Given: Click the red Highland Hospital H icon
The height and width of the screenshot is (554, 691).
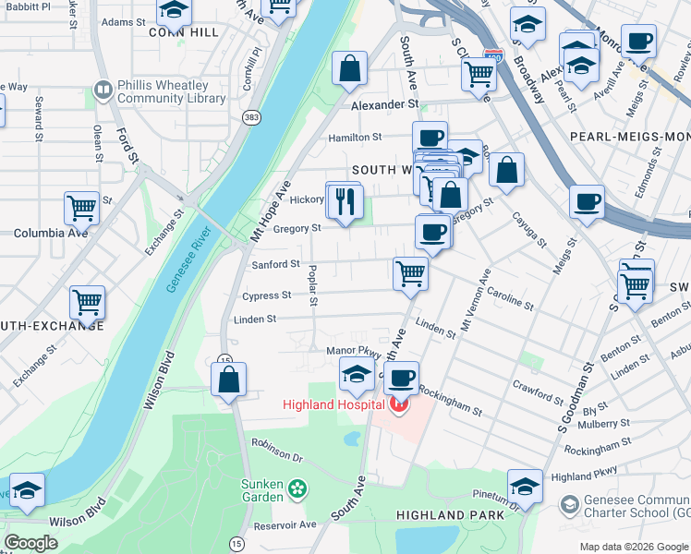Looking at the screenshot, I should click(399, 404).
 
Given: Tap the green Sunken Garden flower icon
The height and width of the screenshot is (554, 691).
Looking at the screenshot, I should click(297, 488).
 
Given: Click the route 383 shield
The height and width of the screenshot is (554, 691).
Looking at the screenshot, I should click(250, 117).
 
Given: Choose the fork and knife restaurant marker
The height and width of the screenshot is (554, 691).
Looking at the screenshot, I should click(345, 201).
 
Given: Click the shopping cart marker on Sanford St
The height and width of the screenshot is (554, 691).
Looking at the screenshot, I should click(409, 272).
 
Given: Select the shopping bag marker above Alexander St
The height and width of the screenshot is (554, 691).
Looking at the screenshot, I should click(350, 68).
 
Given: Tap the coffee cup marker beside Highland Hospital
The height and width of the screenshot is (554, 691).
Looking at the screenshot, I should click(401, 378).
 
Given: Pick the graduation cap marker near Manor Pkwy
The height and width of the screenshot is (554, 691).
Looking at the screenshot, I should click(357, 375).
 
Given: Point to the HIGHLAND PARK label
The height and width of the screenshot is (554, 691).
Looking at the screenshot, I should click(450, 514).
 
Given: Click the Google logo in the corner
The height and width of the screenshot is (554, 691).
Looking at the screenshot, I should click(30, 542).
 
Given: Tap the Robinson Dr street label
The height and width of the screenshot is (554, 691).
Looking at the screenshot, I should click(277, 450).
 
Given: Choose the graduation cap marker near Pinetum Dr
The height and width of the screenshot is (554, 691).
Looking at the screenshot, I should click(525, 486).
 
